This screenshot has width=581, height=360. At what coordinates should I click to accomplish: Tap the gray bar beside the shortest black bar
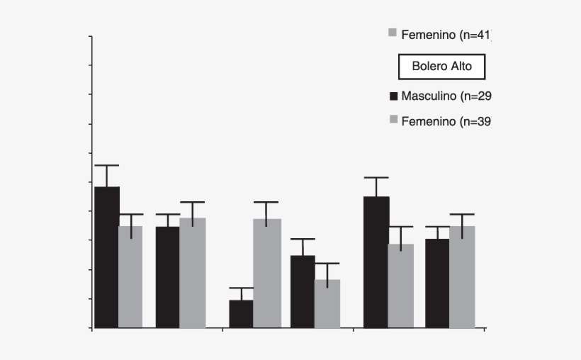click(x=266, y=273)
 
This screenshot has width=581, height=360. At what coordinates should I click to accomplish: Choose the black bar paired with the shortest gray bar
click(x=303, y=291)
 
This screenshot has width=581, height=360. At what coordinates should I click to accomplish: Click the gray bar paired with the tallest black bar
click(x=130, y=276)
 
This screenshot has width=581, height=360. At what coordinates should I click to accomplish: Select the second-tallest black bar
click(x=376, y=262)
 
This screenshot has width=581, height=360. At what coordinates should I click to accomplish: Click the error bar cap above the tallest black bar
click(x=107, y=165)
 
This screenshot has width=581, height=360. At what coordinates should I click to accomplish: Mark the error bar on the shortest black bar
click(x=241, y=293)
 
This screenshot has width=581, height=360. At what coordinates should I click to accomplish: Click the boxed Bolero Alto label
click(x=441, y=67)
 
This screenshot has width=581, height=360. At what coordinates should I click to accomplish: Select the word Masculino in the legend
click(x=428, y=96)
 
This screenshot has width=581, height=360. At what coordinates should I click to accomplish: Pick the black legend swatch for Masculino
click(x=393, y=96)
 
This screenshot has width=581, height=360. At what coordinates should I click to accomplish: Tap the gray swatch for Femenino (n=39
click(x=393, y=121)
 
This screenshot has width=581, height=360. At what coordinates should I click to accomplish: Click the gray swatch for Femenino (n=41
click(x=393, y=33)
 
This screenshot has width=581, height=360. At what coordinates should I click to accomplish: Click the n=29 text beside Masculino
click(x=475, y=96)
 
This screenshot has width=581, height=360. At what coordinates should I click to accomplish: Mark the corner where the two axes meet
click(x=92, y=328)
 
